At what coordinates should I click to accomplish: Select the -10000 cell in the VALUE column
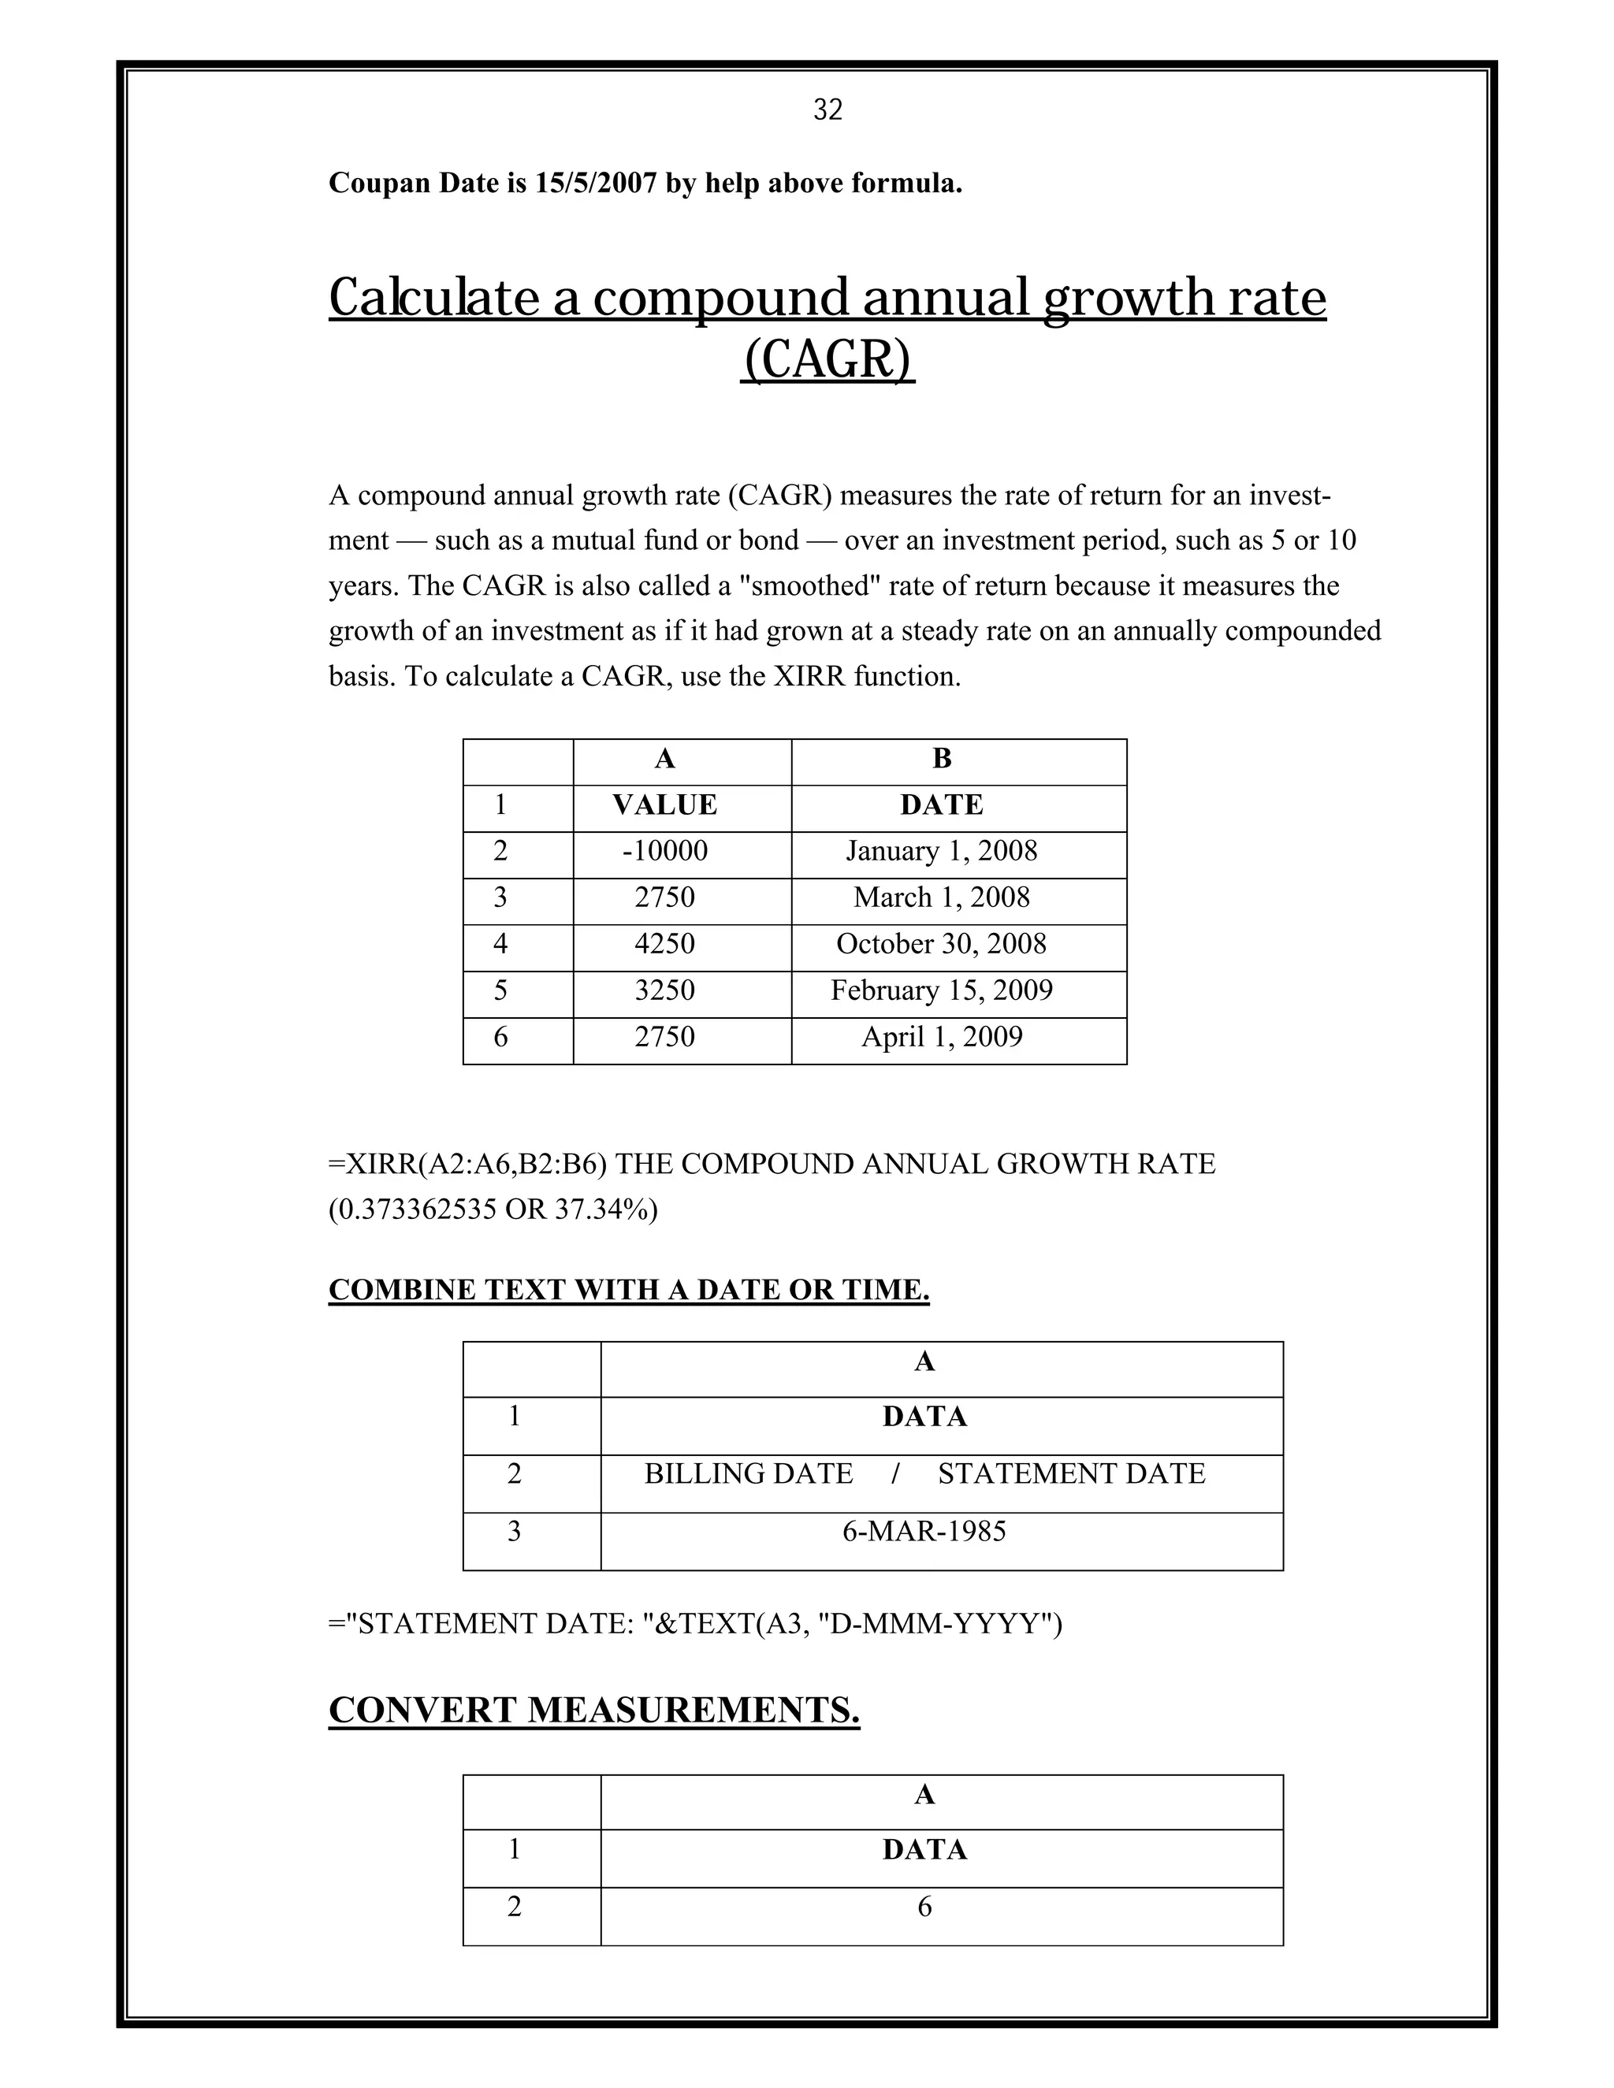[664, 851]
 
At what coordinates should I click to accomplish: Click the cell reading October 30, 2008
[941, 945]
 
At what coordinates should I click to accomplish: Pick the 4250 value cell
[664, 945]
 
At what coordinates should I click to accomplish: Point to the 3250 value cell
[664, 990]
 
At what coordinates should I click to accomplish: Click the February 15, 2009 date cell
[941, 990]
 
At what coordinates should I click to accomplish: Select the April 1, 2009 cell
[941, 1038]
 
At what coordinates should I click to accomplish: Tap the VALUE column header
[664, 805]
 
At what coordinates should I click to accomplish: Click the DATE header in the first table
[941, 805]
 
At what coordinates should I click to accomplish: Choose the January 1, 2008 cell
[941, 851]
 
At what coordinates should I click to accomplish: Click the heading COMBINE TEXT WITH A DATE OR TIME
[628, 1290]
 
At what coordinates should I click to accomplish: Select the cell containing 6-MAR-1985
[924, 1532]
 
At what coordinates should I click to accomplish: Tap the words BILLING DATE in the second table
[748, 1474]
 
